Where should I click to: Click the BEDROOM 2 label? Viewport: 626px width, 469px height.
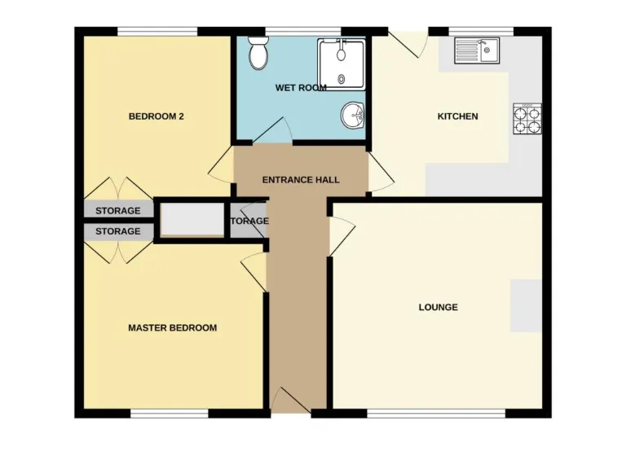coord(156,116)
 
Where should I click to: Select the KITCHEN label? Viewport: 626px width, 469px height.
coord(457,116)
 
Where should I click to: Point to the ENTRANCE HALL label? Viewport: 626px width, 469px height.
coord(301,180)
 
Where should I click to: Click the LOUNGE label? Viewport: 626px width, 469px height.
coord(438,307)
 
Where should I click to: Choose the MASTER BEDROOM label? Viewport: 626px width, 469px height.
coord(173,328)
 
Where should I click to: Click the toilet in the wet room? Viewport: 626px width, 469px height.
coord(259,54)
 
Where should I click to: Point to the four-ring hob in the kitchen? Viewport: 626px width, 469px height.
coord(527,120)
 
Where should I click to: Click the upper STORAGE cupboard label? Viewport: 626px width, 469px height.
coord(118,211)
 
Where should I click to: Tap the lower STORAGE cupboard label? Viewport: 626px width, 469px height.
coord(118,231)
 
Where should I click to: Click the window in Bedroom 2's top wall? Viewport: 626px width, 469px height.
coord(158,32)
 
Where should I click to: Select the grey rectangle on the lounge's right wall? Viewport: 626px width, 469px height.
coord(526,305)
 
